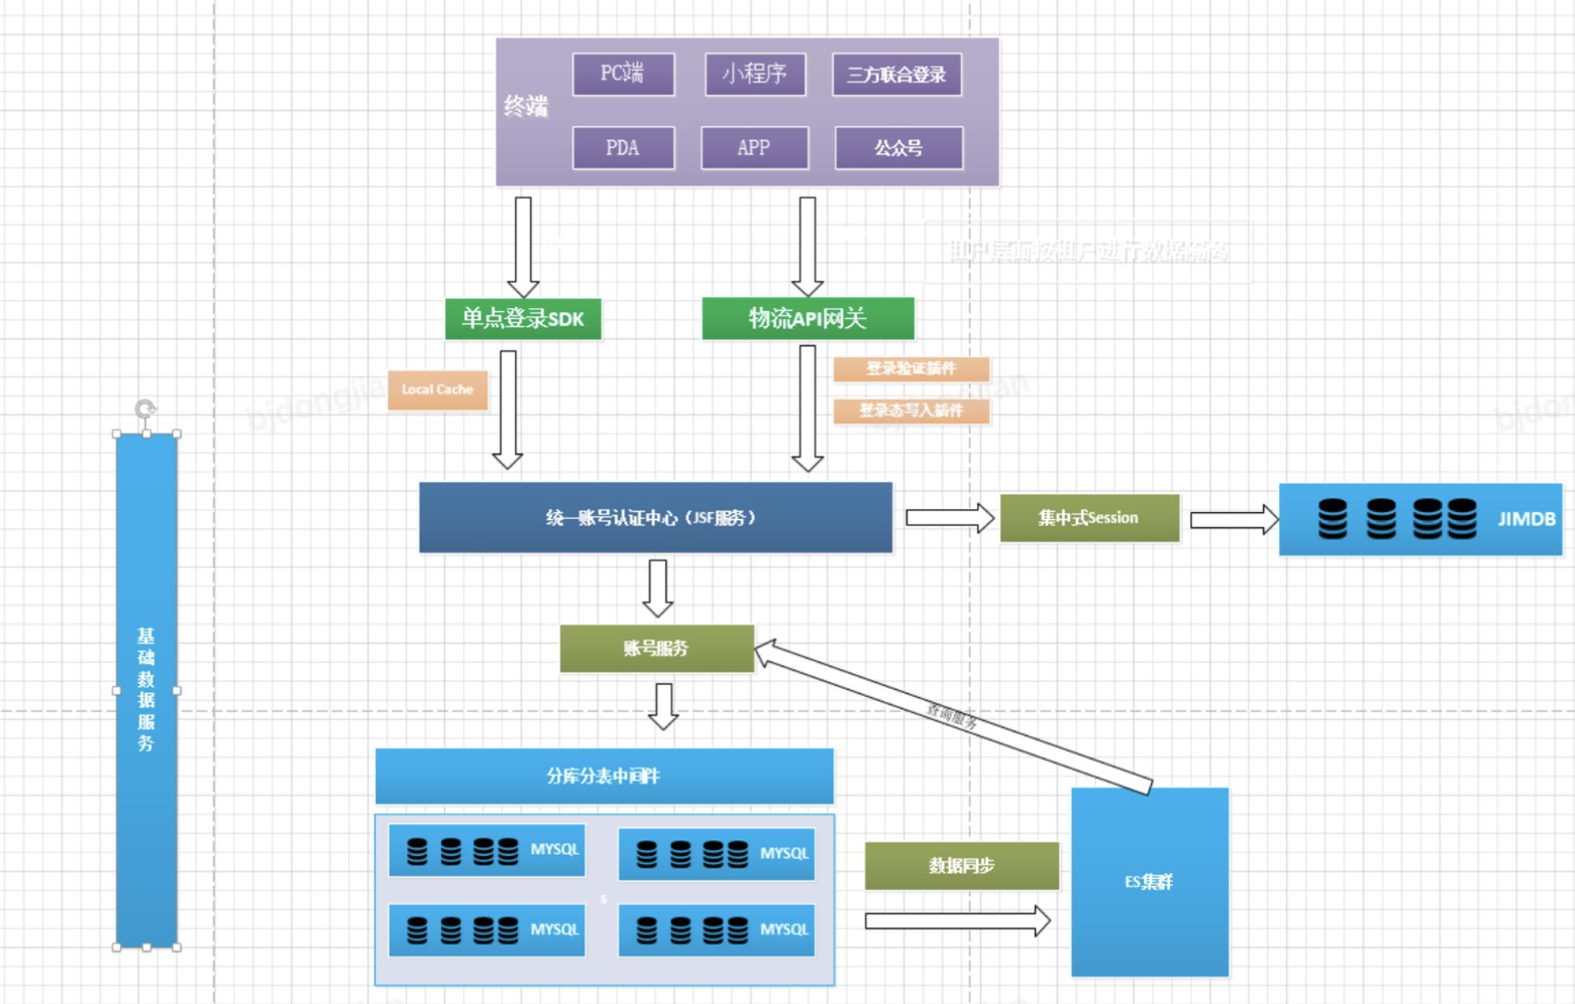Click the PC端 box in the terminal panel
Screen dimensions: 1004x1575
pos(623,75)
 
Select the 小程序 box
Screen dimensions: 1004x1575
pos(755,75)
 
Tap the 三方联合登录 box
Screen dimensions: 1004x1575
pos(896,75)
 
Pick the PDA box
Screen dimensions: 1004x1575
pos(623,148)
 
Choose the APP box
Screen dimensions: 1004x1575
pos(754,148)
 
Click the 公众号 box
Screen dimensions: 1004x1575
pos(899,148)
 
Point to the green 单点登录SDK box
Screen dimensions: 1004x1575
pos(523,319)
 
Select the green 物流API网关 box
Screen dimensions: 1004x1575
pos(808,318)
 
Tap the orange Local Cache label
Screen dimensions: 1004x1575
pos(438,389)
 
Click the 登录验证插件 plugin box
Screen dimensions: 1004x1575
pos(911,368)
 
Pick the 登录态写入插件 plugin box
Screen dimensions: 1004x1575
pos(911,410)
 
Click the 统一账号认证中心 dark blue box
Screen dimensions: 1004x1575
pos(655,518)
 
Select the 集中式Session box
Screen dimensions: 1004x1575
pos(1089,518)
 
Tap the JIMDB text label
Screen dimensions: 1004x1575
pos(1526,519)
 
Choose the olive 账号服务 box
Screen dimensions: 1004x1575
pos(656,648)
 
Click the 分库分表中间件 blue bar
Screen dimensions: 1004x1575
pos(604,776)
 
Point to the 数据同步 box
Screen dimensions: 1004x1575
pos(961,866)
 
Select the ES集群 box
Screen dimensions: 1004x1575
pos(1149,881)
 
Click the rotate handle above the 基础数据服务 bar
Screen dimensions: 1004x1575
pos(145,408)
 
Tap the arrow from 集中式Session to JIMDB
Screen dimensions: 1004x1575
pos(1233,519)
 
